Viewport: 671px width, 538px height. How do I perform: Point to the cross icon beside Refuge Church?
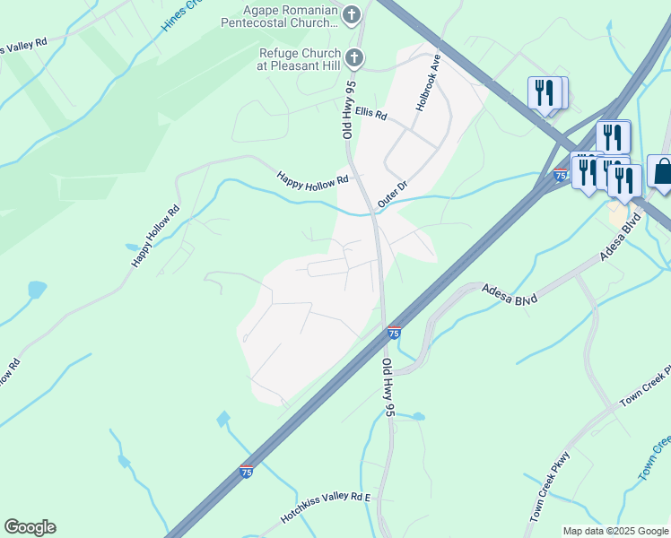354,58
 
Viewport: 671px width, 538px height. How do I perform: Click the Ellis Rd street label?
370,115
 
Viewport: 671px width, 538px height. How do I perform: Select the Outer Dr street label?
392,195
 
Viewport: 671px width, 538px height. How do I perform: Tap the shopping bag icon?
662,171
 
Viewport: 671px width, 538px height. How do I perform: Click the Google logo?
30,527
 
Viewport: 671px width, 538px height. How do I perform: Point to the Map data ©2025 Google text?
614,531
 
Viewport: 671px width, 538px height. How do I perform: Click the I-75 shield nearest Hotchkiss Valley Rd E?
247,471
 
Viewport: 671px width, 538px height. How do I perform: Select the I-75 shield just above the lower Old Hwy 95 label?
394,333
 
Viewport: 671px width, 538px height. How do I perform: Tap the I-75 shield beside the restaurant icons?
560,176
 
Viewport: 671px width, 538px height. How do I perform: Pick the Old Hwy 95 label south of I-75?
388,388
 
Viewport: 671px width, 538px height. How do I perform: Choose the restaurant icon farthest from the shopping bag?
545,92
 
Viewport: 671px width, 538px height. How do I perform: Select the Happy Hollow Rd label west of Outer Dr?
311,178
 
